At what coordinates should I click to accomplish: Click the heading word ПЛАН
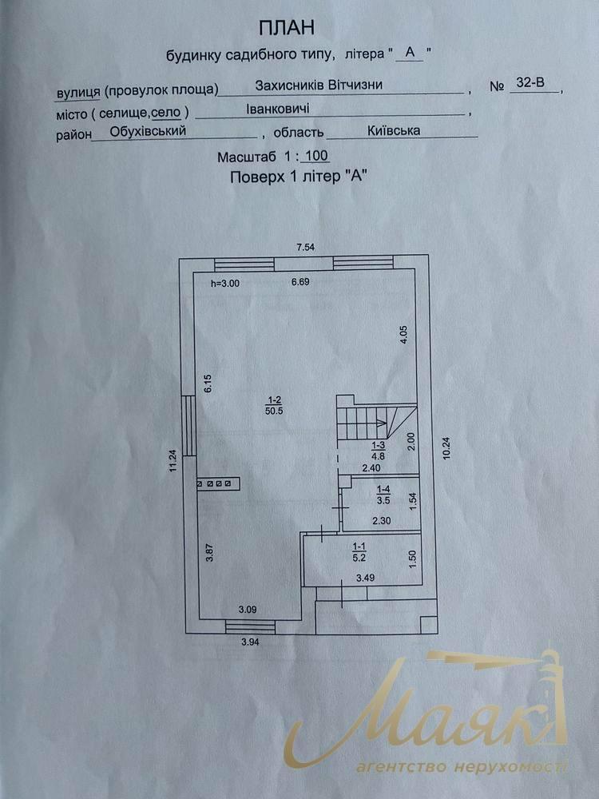287,28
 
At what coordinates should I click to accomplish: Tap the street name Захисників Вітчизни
319,85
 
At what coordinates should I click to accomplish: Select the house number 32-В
530,83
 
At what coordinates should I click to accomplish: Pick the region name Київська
394,130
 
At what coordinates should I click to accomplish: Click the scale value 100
318,157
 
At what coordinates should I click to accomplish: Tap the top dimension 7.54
306,247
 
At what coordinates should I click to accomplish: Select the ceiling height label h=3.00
224,284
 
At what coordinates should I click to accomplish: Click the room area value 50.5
274,411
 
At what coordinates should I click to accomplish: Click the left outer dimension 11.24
173,462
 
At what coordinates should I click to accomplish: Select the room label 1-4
383,491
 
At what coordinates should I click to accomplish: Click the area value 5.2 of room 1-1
359,558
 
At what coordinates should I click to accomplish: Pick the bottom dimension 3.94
250,642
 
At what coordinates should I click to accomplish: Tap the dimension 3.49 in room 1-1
365,578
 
